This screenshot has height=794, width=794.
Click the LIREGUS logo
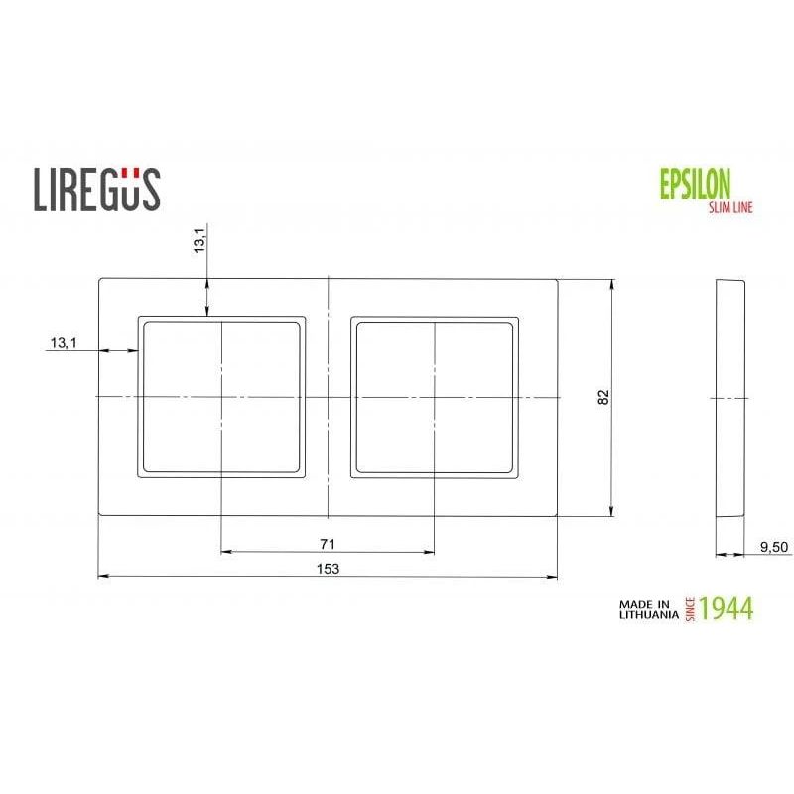point(96,189)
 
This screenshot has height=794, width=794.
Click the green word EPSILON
point(695,185)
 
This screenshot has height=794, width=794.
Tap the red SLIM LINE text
point(729,206)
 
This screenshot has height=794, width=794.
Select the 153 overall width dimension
point(329,568)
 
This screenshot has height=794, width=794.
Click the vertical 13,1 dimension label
point(199,241)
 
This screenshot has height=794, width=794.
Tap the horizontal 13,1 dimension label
point(61,343)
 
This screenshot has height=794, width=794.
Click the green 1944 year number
point(727,608)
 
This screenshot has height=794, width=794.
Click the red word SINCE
point(691,608)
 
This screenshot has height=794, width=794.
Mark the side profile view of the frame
point(729,397)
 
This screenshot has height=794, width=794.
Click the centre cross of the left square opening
point(220,396)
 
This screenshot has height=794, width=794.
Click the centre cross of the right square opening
point(435,396)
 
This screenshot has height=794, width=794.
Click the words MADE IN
point(646,602)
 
